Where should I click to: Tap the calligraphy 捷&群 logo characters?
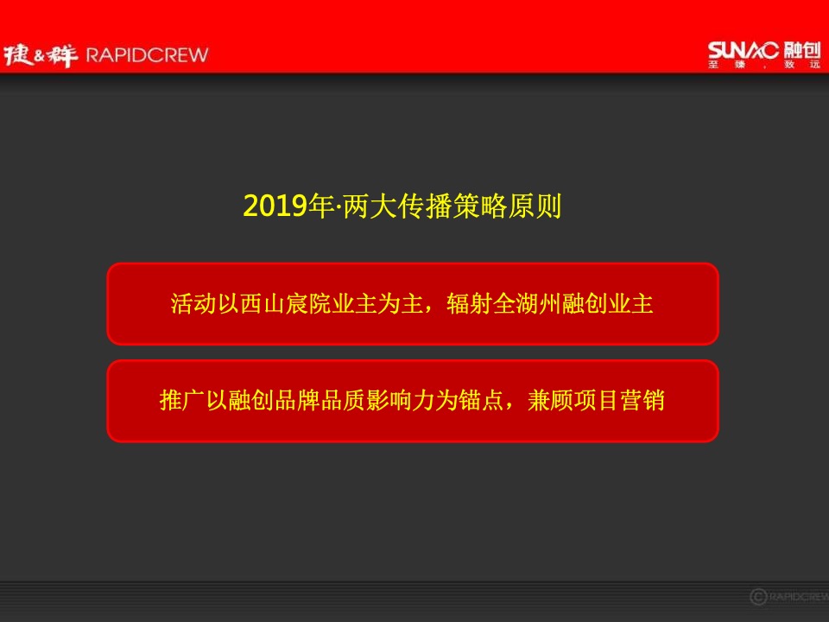[41, 55]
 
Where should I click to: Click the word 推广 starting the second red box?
[178, 402]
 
